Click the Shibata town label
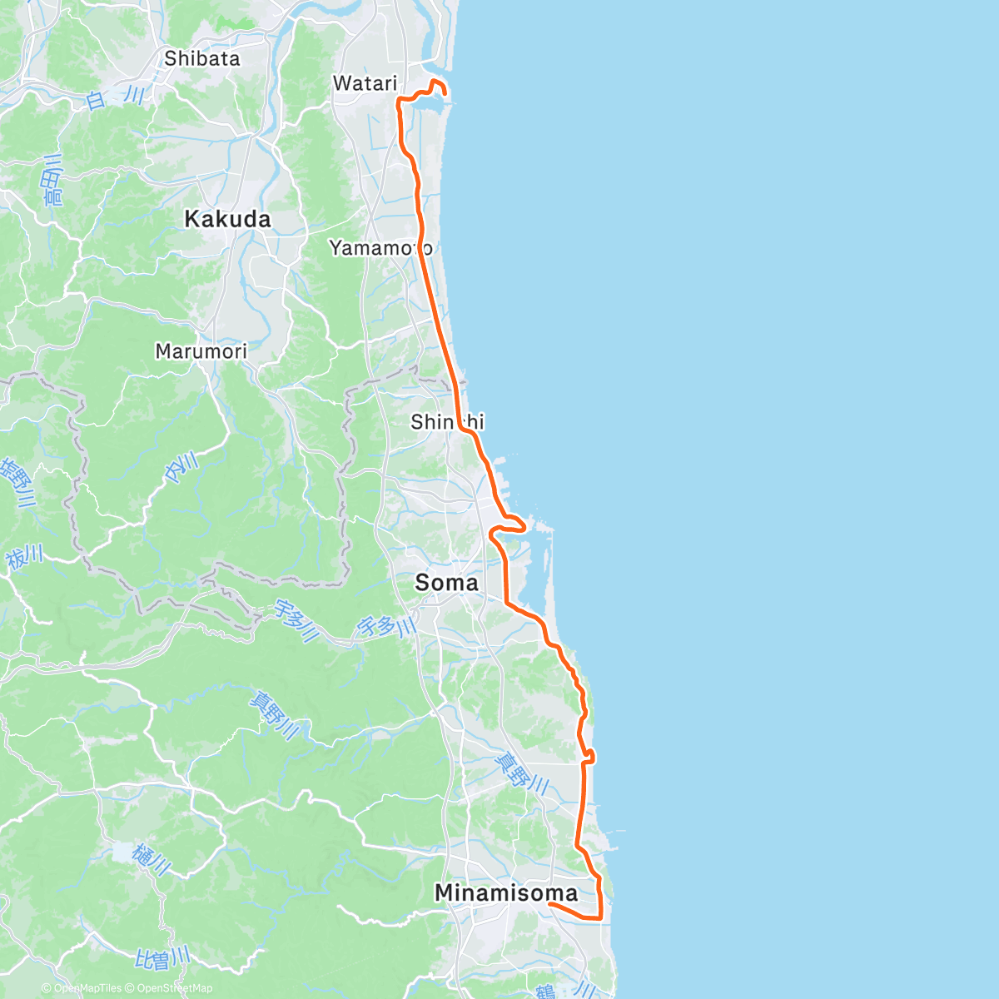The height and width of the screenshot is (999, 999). (202, 58)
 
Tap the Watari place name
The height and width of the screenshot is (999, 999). (365, 83)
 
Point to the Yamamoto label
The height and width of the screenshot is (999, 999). (380, 248)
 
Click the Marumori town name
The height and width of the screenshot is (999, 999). (201, 351)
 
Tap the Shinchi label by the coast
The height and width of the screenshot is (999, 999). (447, 422)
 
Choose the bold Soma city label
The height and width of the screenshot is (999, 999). (447, 583)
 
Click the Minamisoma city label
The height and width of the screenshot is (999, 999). (506, 893)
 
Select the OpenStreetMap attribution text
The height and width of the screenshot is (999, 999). (174, 988)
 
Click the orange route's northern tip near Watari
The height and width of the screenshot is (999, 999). (435, 81)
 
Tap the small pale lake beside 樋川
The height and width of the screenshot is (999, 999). (122, 852)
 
